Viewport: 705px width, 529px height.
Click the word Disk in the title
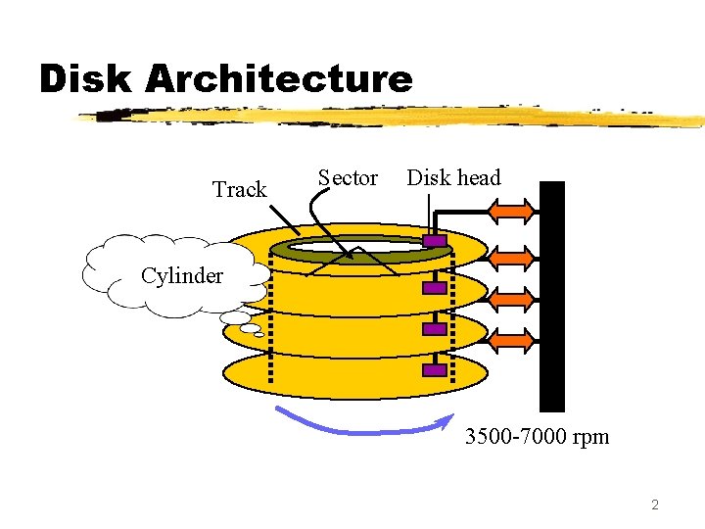coord(84,78)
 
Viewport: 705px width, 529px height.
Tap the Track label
coord(240,189)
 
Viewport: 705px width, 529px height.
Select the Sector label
coord(348,177)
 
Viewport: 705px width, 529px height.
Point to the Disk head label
coord(453,177)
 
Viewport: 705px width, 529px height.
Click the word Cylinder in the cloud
coord(181,275)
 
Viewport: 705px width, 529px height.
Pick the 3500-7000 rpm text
coord(537,436)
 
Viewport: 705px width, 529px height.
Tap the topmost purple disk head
coord(435,240)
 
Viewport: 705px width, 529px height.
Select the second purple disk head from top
coord(435,288)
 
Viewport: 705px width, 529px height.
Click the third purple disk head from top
coord(435,330)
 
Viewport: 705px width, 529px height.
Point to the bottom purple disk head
coord(435,370)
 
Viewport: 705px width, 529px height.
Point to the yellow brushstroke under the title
coord(392,118)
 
